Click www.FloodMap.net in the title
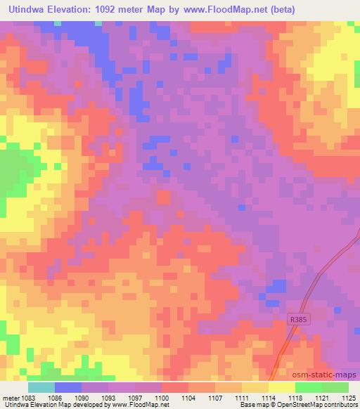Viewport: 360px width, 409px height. (x=215, y=9)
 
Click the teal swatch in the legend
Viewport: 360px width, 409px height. (x=41, y=387)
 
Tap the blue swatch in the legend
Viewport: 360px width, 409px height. (x=68, y=387)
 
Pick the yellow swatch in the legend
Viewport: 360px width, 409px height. (x=281, y=387)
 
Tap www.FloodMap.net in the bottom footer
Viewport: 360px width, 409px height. (x=143, y=405)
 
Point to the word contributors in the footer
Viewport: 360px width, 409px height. (x=339, y=405)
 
